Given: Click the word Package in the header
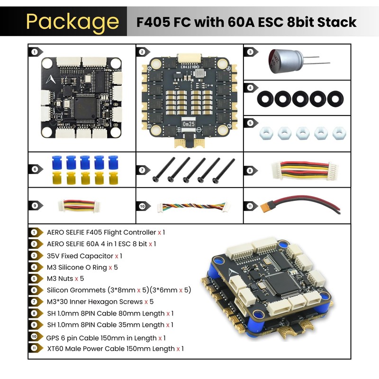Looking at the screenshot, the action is tap(72, 22).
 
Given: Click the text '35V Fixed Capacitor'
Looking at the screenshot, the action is tap(80, 255).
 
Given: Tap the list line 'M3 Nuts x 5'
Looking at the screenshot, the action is tap(65, 278).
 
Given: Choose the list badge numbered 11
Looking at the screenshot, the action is tap(34, 349).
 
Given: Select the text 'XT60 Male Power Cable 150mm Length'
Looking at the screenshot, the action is tap(111, 349).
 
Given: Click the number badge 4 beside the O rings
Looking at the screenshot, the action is tap(250, 87).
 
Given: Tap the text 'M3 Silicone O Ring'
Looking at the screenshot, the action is tap(77, 267).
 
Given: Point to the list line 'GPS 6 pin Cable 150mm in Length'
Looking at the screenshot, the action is tap(101, 337).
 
